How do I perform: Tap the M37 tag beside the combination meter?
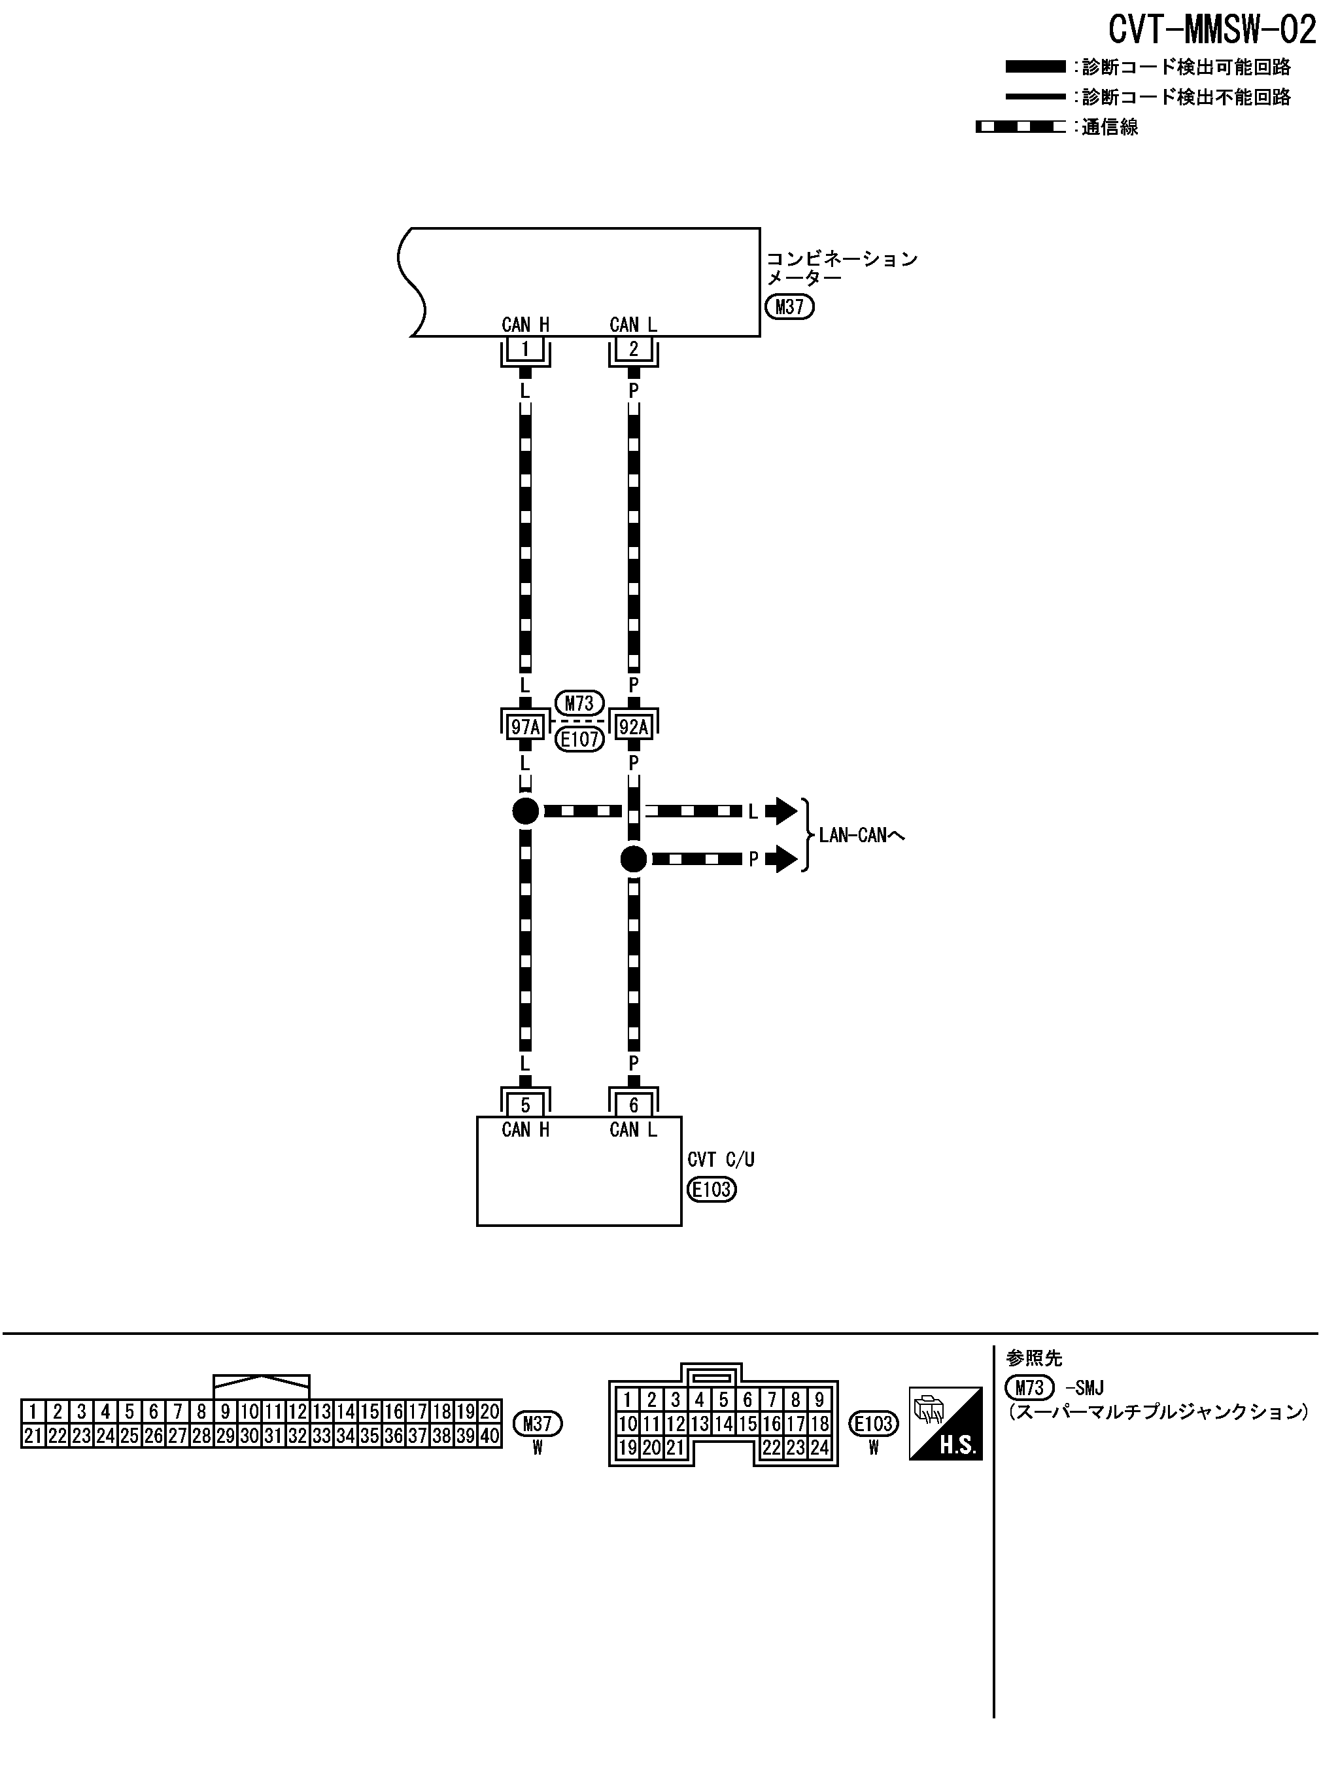789,307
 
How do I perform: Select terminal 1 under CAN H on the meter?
525,349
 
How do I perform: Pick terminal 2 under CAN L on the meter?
633,349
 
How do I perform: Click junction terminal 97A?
525,727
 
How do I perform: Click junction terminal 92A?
633,727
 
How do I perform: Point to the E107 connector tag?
579,739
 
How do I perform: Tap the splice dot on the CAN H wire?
525,811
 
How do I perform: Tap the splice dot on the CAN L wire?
633,860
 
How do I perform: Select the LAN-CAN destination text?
861,836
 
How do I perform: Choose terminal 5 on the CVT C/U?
525,1105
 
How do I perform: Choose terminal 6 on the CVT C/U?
633,1105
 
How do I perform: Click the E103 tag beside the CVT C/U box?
711,1190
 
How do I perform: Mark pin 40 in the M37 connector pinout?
489,1436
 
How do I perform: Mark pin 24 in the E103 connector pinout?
819,1447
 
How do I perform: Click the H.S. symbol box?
945,1423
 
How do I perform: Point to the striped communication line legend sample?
1020,127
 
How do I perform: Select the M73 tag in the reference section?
1029,1388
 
